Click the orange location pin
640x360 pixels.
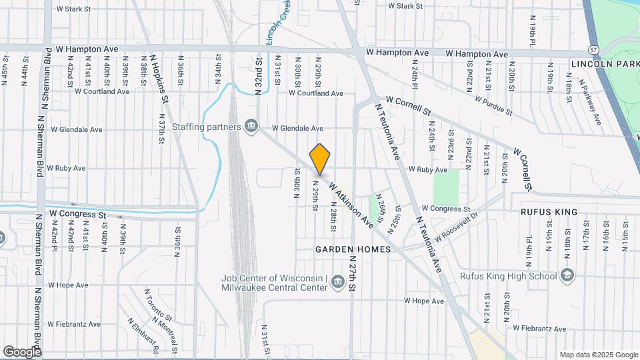[x=320, y=159]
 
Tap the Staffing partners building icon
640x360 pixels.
[x=251, y=127]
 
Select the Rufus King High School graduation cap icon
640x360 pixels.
[x=567, y=276]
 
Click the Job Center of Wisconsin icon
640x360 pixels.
[x=338, y=284]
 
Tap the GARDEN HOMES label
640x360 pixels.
[x=344, y=249]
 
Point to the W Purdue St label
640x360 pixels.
[x=493, y=104]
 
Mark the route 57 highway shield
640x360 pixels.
[x=593, y=50]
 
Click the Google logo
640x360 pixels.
[x=22, y=351]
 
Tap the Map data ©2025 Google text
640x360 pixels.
[x=598, y=355]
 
